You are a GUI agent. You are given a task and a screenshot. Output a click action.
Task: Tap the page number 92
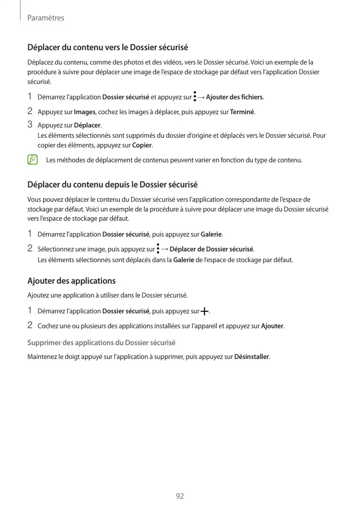[180, 496]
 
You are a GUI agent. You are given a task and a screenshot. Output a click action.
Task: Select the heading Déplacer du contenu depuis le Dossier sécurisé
[112, 184]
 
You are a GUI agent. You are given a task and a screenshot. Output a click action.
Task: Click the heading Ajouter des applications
[71, 281]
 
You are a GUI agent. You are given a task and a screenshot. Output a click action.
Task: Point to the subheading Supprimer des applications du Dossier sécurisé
[101, 342]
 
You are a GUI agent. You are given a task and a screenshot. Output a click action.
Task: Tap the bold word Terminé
[242, 112]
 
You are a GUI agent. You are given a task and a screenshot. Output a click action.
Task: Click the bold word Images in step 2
[84, 112]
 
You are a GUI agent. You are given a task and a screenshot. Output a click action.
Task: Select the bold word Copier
[142, 145]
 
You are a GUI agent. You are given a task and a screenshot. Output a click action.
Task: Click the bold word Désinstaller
[251, 356]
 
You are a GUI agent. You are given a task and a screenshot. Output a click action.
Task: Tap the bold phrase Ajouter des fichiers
[234, 97]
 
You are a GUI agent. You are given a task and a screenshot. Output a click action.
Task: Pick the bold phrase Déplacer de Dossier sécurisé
[211, 249]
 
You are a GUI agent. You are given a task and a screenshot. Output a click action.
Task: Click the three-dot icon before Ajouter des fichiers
[195, 96]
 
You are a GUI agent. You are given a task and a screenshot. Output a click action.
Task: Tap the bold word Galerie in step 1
[211, 235]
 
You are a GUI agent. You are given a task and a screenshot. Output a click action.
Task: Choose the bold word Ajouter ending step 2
[272, 326]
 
